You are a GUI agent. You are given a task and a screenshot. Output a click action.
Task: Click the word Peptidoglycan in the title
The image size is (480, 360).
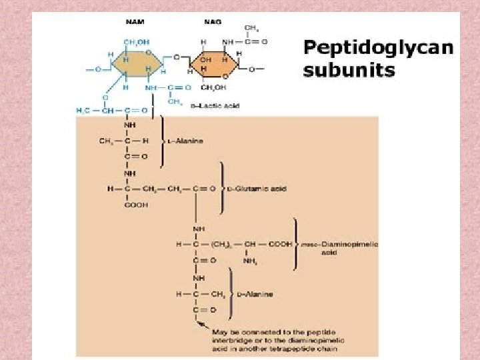pos(378,49)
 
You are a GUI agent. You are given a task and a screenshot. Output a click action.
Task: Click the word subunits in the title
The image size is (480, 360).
pos(349,70)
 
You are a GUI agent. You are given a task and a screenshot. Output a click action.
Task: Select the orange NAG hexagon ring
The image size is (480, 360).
pos(215,65)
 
